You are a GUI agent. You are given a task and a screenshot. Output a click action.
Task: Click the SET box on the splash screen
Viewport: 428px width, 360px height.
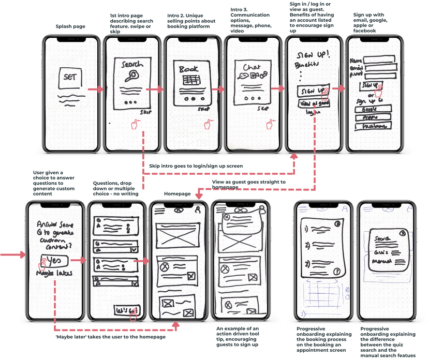point(69,78)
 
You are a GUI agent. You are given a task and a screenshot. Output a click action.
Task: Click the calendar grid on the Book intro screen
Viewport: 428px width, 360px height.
point(191,80)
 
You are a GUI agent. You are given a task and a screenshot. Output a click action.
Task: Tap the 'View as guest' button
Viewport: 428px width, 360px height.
point(313,103)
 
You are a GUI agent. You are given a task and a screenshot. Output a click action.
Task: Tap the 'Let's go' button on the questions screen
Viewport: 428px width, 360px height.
point(126,310)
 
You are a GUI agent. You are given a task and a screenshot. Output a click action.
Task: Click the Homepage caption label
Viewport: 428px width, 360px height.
point(178,193)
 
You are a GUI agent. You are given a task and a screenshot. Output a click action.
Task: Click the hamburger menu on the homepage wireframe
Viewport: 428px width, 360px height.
point(159,211)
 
